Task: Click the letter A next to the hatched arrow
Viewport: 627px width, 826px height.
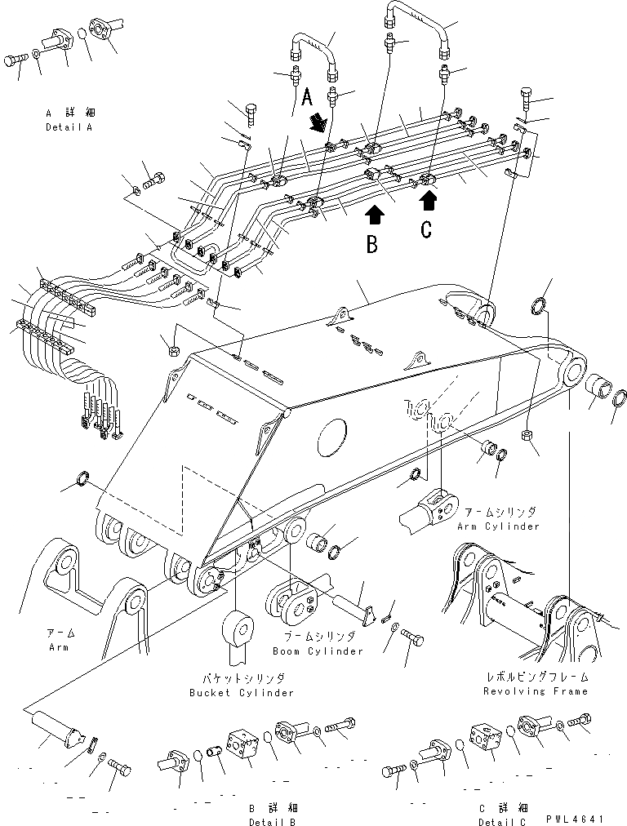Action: point(308,97)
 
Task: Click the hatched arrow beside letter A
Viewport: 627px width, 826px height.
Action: point(318,122)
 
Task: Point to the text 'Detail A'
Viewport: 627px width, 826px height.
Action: point(69,129)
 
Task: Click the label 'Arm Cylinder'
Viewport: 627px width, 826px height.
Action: point(500,526)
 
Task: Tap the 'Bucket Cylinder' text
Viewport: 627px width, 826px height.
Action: point(241,693)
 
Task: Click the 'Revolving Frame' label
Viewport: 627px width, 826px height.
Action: point(535,691)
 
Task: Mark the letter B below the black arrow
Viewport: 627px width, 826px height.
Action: point(371,244)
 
